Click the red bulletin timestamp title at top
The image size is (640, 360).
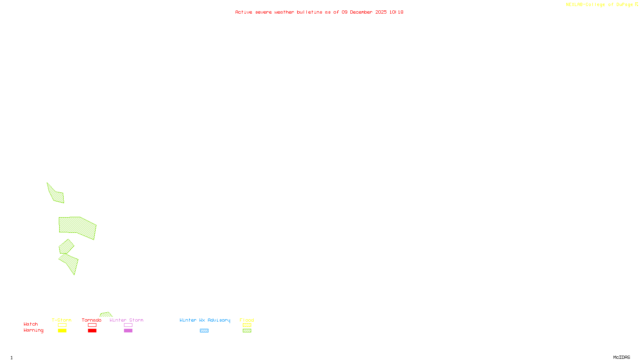pos(319,12)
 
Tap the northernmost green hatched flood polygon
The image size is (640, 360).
pos(56,194)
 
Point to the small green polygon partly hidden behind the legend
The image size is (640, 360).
pos(106,315)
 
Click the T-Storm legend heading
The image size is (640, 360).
pos(62,320)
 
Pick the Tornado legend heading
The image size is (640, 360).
pos(92,320)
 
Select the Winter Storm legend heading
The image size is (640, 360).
pos(126,320)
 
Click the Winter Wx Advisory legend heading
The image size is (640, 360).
pos(205,320)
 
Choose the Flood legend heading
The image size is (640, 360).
pos(247,320)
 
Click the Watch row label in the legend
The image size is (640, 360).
pos(31,324)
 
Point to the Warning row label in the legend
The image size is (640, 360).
pos(34,330)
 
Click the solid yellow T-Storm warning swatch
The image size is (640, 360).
pos(62,331)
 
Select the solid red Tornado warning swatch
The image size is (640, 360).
pos(92,331)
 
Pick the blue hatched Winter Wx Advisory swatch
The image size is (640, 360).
pos(204,331)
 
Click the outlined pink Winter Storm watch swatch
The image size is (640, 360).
pos(128,325)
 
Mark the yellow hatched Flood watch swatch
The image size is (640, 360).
pos(247,325)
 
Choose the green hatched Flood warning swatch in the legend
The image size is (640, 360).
pos(247,331)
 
